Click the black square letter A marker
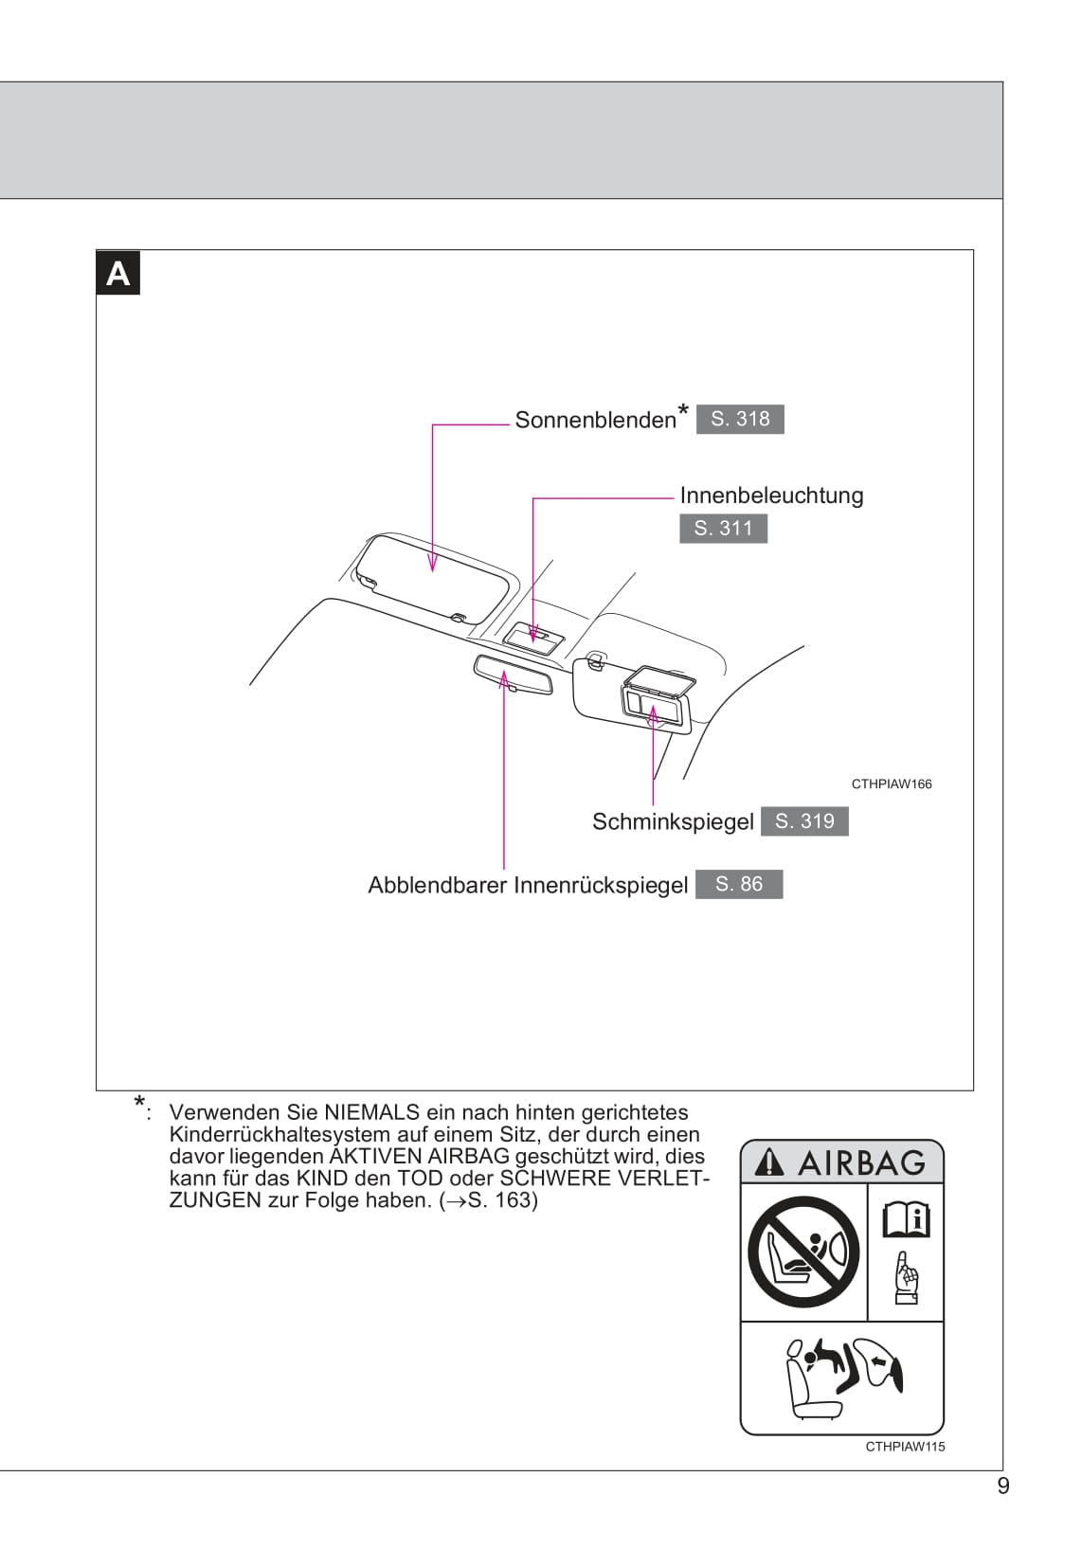tap(118, 274)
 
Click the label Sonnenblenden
tap(595, 420)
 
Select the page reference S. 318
tap(740, 419)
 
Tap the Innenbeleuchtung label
tap(771, 495)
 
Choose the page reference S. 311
tap(723, 529)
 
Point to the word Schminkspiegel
tap(673, 821)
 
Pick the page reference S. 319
tap(804, 821)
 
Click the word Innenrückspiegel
tap(601, 885)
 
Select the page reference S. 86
tap(739, 884)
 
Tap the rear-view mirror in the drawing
tap(512, 675)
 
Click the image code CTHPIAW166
tap(892, 783)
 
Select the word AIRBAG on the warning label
tap(861, 1162)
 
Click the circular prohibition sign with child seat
tap(802, 1252)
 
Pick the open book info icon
tap(906, 1219)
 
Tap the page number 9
tap(1003, 1486)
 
